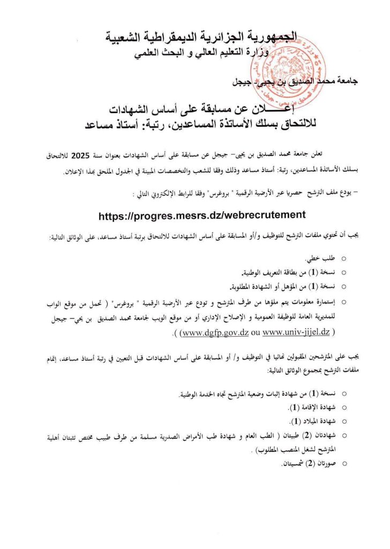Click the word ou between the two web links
click(x=254, y=333)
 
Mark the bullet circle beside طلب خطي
click(x=343, y=259)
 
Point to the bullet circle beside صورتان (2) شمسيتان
click(x=343, y=462)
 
